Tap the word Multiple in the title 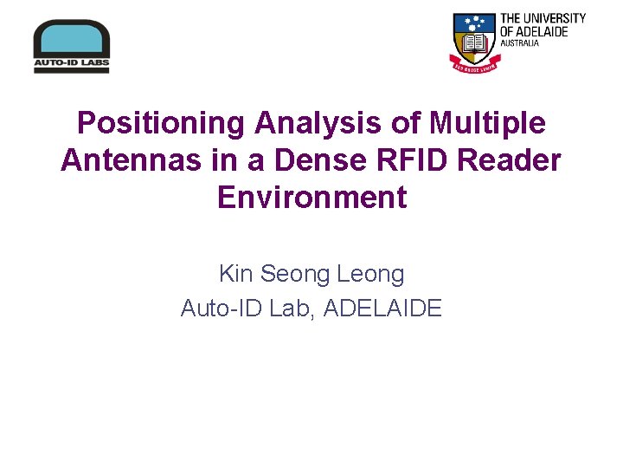[x=488, y=123]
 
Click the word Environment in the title [x=311, y=198]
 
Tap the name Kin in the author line [x=235, y=275]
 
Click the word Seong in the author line [x=294, y=275]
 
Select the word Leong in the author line [x=370, y=275]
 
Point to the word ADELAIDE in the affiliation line [x=382, y=308]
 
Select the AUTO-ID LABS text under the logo [x=71, y=63]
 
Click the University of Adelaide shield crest [x=473, y=36]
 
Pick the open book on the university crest [x=473, y=42]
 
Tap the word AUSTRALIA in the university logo [x=519, y=42]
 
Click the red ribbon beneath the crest [x=473, y=63]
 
